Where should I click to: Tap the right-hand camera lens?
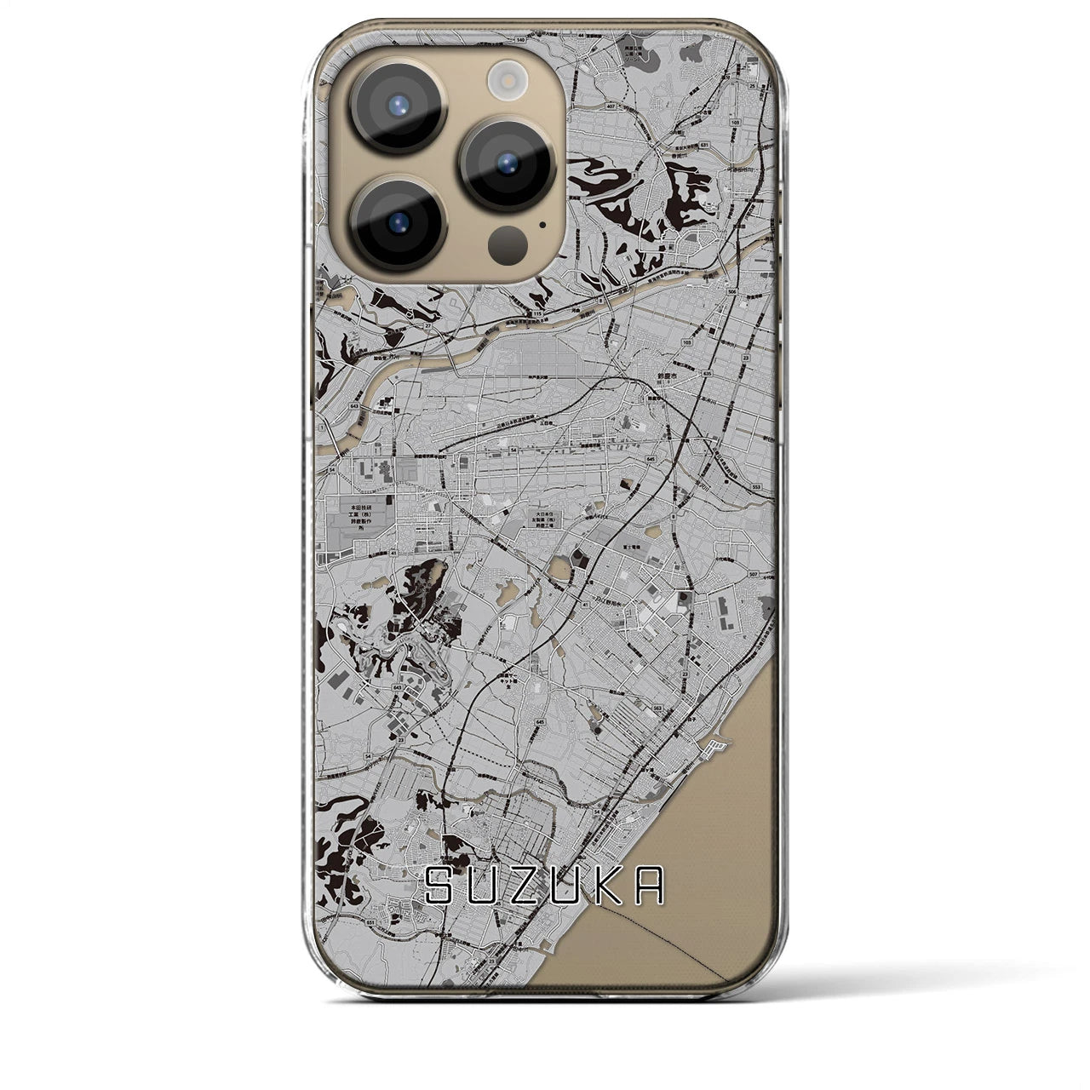click(508, 162)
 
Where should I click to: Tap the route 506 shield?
click(733, 291)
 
